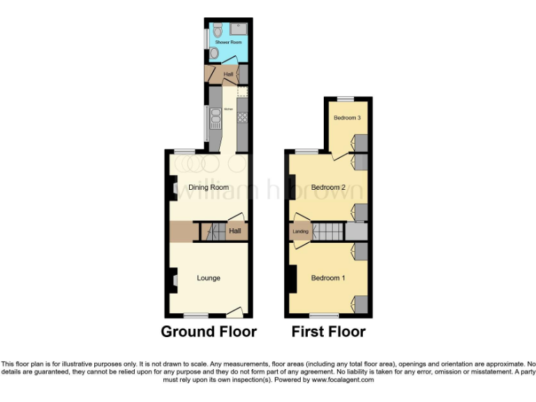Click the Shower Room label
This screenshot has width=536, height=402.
[229, 43]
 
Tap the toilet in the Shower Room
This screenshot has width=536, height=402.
[218, 30]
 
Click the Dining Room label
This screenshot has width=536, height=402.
[208, 187]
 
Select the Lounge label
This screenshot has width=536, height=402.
[208, 278]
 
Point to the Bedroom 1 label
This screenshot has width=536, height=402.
[328, 278]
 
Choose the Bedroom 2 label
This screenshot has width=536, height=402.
[328, 187]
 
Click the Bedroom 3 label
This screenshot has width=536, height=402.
[347, 118]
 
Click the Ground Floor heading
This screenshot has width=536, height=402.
[209, 332]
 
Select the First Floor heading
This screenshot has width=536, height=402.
[328, 332]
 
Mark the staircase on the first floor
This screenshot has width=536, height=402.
[328, 232]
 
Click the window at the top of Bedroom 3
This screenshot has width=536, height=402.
[347, 99]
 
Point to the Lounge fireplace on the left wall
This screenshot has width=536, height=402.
[172, 281]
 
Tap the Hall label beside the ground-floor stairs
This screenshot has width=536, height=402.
[235, 230]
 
